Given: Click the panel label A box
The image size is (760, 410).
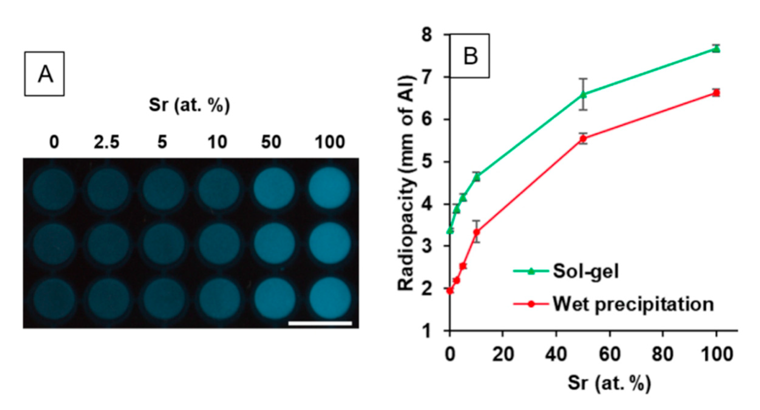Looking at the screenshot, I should tap(44, 74).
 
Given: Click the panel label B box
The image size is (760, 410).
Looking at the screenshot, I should tap(470, 56).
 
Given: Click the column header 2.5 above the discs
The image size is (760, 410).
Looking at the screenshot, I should tap(107, 142).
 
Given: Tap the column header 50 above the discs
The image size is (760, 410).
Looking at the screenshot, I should tap(271, 142).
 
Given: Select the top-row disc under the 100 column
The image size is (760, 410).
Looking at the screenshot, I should tap(330, 188).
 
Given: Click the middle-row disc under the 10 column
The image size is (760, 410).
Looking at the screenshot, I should tap(219, 243).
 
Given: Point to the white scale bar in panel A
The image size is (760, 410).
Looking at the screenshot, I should tap(320, 324).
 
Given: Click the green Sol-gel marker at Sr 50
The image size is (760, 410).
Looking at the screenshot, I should tap(583, 94).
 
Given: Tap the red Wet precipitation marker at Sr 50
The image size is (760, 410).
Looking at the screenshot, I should tap(583, 139).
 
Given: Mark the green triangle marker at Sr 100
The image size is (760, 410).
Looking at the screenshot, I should tap(716, 49).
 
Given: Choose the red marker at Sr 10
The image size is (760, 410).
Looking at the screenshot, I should tap(477, 232).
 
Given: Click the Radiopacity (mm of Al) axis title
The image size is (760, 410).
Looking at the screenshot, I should tap(406, 183).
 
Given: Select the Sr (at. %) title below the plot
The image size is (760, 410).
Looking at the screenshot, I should tap(609, 383).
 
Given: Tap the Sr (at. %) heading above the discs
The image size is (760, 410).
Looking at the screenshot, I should tap(189, 105).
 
